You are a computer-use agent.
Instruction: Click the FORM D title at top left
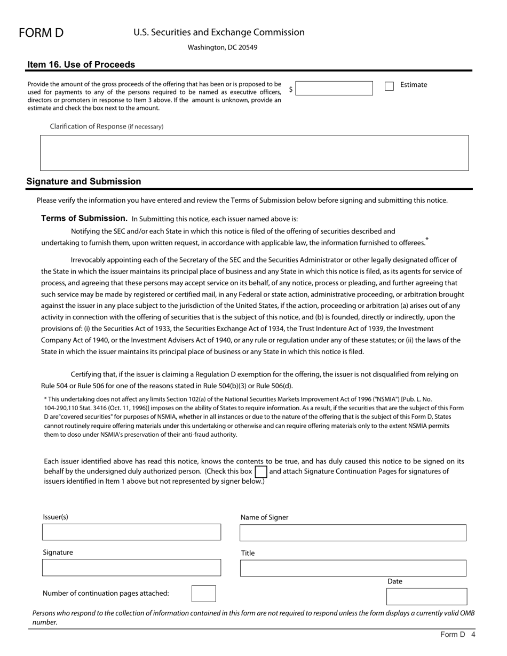click(x=41, y=33)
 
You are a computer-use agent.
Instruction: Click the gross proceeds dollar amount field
click(x=334, y=89)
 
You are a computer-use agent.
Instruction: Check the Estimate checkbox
click(x=389, y=86)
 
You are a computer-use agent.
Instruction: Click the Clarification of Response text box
click(x=254, y=153)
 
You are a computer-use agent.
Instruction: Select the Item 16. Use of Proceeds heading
click(x=81, y=65)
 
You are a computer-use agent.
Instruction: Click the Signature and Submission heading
click(x=84, y=181)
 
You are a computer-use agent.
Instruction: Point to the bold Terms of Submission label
click(x=84, y=218)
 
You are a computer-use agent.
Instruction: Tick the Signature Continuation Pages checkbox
click(x=260, y=471)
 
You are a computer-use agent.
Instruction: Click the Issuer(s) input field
click(x=131, y=532)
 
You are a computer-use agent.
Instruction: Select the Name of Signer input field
click(x=353, y=532)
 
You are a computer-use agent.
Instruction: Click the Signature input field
click(x=131, y=567)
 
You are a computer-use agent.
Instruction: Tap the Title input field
click(x=353, y=568)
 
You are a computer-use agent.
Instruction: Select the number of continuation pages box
click(x=203, y=594)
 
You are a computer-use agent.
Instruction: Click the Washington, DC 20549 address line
click(x=223, y=47)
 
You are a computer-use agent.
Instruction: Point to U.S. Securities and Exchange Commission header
click(x=219, y=33)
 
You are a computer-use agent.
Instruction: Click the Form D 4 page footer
click(x=457, y=635)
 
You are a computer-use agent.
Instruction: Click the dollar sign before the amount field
click(x=291, y=89)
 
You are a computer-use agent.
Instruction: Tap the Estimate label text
click(x=414, y=85)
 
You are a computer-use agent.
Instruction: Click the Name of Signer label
click(x=264, y=517)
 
